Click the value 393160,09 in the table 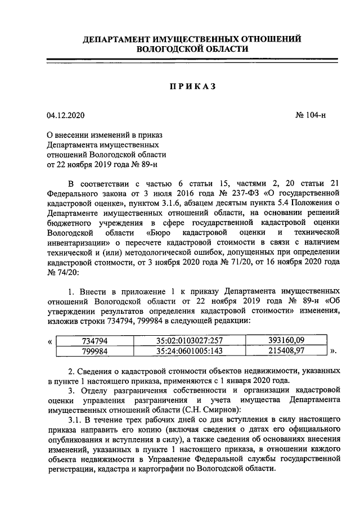[285, 341]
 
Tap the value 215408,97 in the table [285, 352]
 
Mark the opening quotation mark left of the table [51, 341]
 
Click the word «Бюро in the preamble [163, 232]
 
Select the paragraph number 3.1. [75, 421]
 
